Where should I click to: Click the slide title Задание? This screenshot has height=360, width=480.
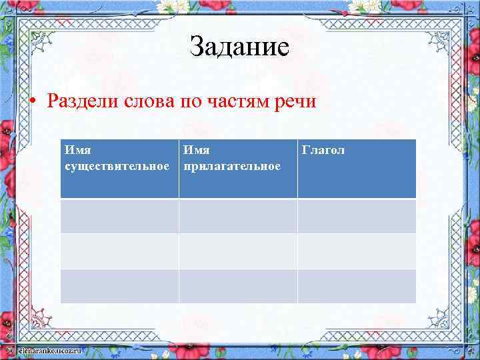[239, 47]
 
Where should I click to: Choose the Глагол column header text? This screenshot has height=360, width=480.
[323, 151]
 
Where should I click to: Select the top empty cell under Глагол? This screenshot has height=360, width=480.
[357, 216]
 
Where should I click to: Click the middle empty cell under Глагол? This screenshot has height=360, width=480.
[357, 251]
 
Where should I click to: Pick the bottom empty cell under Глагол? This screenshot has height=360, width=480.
[357, 286]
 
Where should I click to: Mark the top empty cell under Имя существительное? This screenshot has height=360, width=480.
[119, 216]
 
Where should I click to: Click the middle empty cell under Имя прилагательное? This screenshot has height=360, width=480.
[238, 251]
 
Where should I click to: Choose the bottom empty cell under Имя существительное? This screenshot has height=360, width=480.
[119, 286]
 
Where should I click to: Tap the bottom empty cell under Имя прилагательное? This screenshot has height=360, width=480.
[238, 286]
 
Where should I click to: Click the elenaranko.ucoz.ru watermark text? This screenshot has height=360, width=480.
[50, 349]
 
